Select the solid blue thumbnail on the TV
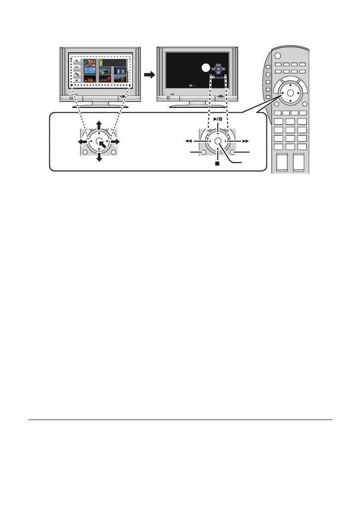tap(90, 71)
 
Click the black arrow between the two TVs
tap(148, 74)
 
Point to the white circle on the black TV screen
tap(204, 69)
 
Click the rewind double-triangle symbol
tap(188, 141)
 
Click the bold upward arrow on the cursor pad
tap(99, 123)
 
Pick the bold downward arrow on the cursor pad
tap(99, 159)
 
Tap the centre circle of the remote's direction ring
tap(290, 93)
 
